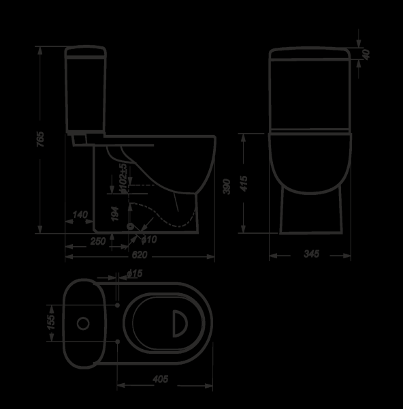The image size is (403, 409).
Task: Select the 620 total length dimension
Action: coord(140,254)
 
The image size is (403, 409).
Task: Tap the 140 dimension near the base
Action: coord(80,215)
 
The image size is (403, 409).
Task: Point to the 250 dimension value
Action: coord(98,241)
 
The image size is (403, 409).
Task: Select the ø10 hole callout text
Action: coord(150,239)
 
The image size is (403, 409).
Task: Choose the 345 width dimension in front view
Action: coord(311,254)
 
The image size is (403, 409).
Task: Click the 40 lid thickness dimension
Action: coord(366,55)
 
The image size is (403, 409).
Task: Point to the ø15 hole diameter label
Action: coord(134,274)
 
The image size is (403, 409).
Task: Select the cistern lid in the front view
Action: coord(311,54)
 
